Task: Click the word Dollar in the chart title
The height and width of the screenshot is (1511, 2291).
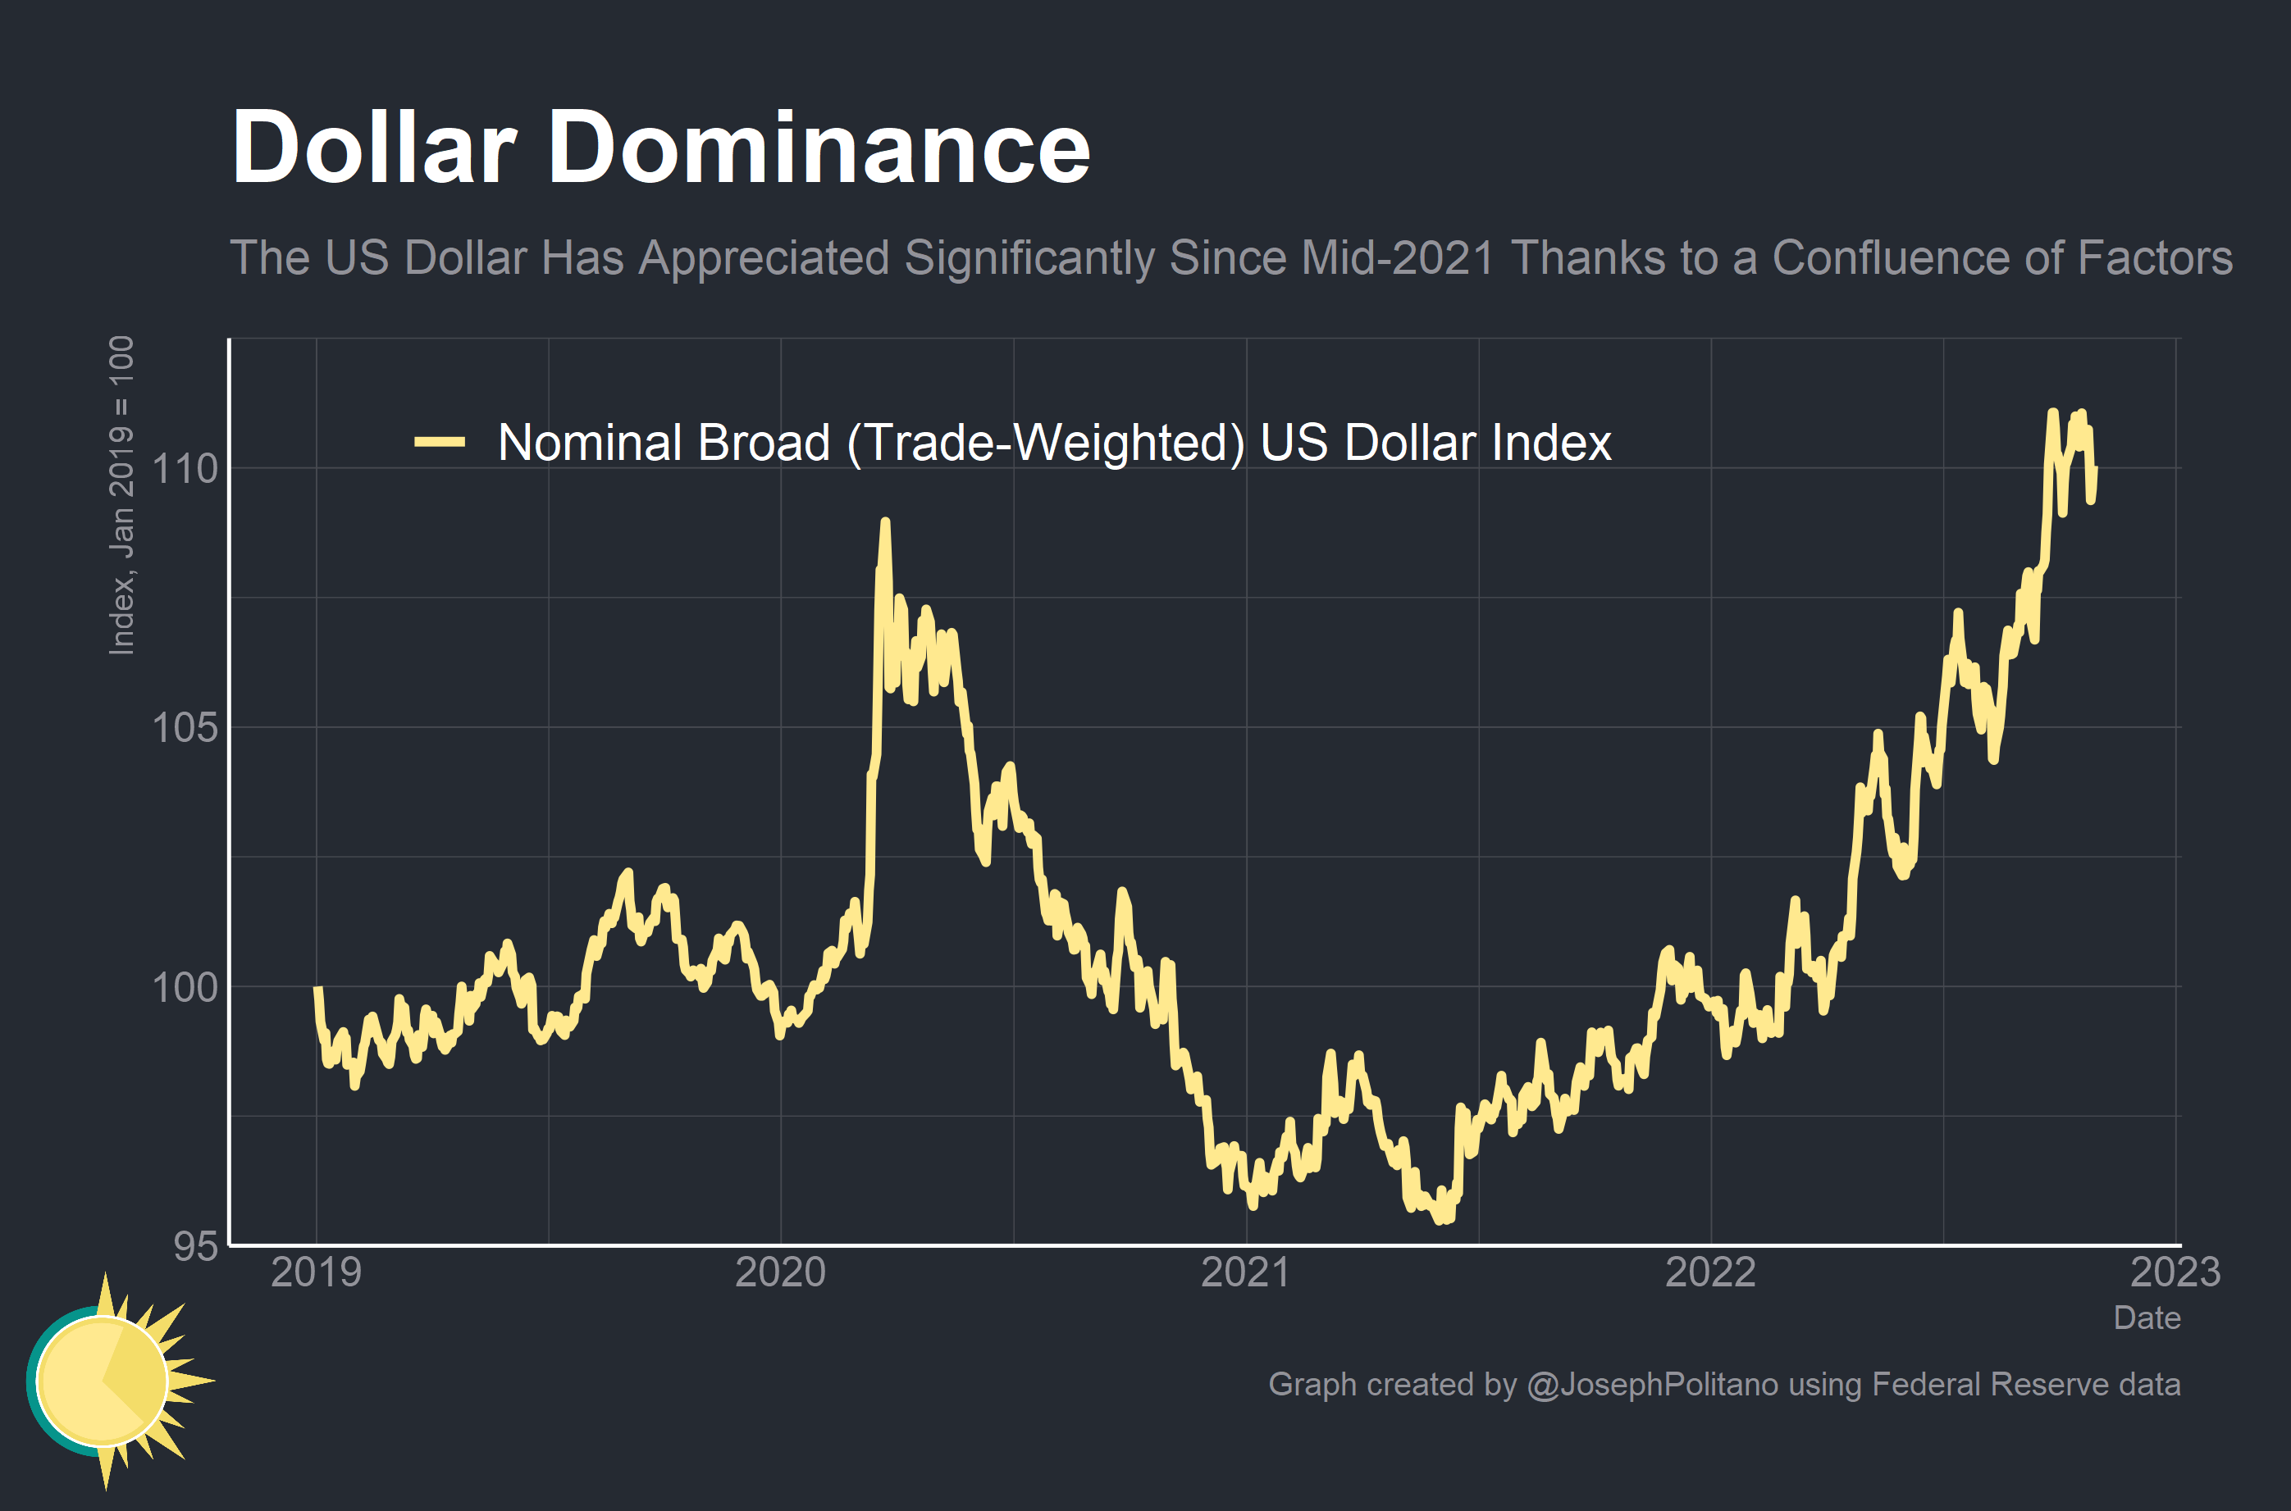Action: tap(374, 148)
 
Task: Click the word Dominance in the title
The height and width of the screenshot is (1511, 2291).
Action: tap(819, 148)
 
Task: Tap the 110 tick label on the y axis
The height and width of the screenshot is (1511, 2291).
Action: tap(185, 469)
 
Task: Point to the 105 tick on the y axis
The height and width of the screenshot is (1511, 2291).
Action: tap(185, 727)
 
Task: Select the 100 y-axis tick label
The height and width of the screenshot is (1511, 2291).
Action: tap(185, 987)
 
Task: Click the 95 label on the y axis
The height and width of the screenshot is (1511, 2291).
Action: tap(196, 1246)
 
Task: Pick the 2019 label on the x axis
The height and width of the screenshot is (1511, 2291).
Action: tap(316, 1272)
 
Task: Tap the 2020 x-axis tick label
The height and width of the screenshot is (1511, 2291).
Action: tap(781, 1272)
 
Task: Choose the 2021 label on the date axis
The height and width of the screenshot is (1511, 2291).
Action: tap(1245, 1272)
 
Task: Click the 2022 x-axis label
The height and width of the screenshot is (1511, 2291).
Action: tap(1711, 1272)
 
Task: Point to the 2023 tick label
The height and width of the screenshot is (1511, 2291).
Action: tap(2175, 1272)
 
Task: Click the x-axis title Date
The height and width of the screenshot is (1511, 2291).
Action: tap(2147, 1318)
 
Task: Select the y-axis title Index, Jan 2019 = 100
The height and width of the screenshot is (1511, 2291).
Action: tap(121, 495)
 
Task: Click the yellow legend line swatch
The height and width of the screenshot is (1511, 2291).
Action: tap(440, 443)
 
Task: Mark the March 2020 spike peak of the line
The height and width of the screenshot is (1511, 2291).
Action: tap(885, 523)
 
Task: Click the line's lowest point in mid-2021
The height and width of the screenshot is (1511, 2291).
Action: tap(1441, 1220)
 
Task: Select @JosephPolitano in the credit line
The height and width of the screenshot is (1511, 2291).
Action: tap(1652, 1384)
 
